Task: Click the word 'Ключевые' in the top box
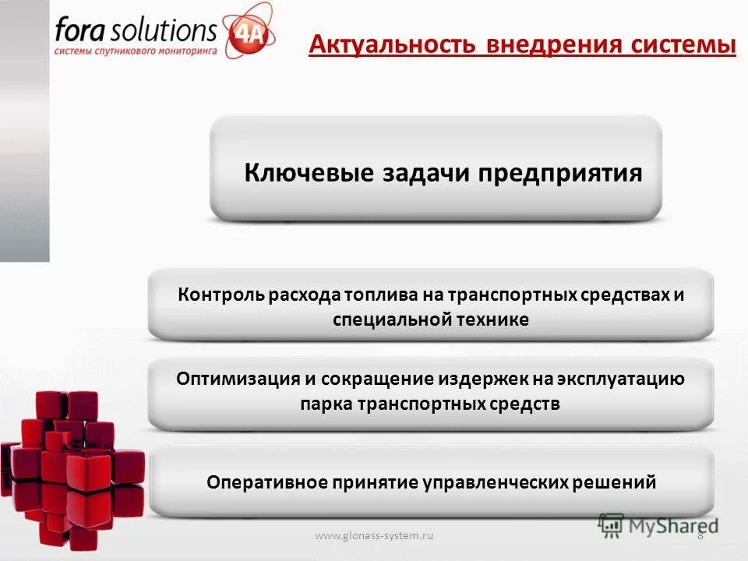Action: (309, 172)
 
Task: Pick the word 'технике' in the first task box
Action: (493, 319)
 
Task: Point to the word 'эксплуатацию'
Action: (620, 379)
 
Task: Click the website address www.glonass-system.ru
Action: (374, 535)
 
